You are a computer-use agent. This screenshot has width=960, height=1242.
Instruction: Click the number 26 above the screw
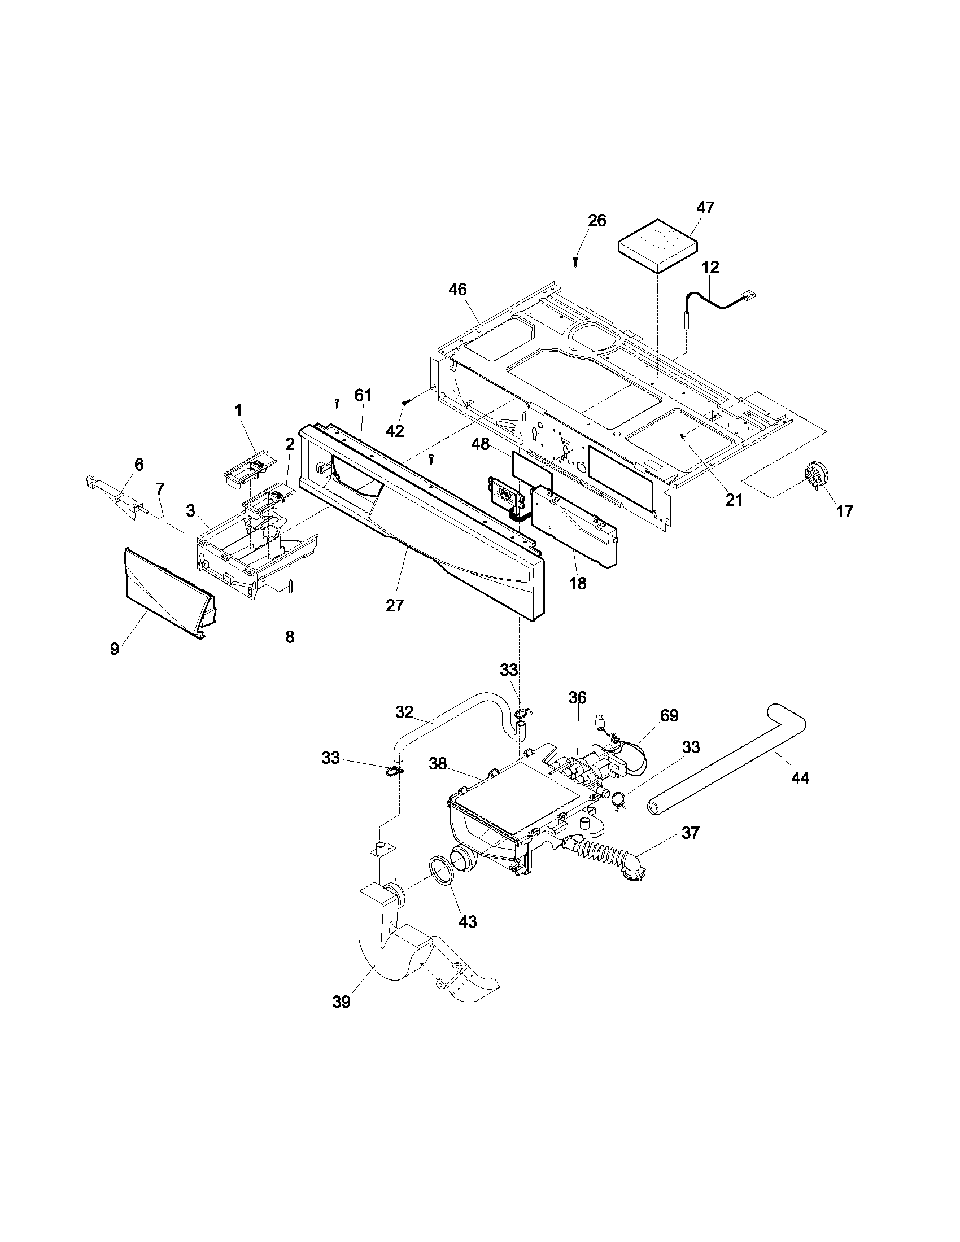click(596, 220)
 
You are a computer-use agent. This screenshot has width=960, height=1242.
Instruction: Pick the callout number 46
click(457, 290)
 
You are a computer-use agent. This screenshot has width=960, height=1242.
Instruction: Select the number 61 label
click(363, 395)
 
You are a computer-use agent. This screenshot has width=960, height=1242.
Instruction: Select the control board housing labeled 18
click(574, 526)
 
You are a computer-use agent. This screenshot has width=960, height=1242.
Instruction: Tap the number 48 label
click(481, 444)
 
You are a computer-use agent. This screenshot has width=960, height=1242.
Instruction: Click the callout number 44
click(800, 777)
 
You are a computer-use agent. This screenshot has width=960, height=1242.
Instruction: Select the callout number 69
click(669, 715)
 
